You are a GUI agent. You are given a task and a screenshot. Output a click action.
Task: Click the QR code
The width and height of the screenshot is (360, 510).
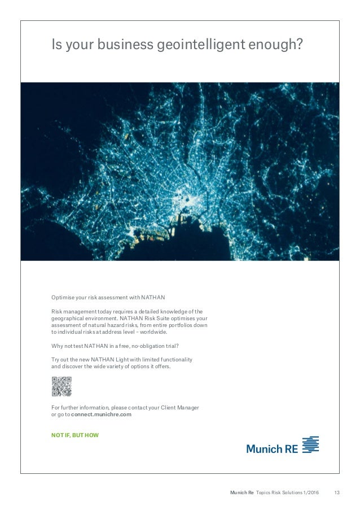tap(62, 386)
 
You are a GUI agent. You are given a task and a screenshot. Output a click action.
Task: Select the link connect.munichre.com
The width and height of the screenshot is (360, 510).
tap(101, 414)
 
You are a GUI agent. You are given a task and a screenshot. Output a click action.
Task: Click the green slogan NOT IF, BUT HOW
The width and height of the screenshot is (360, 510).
tap(74, 435)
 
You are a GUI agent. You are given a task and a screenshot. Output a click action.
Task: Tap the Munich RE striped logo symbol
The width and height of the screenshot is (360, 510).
tap(310, 444)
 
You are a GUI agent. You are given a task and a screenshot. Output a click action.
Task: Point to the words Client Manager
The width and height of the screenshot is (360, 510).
tap(179, 407)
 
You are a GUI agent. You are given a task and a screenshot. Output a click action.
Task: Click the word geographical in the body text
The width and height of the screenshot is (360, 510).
tap(70, 318)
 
